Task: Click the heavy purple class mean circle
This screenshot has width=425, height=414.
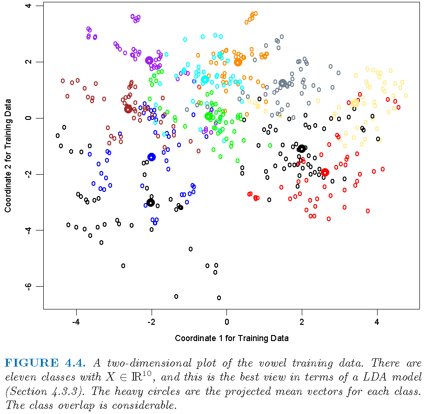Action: coord(149,60)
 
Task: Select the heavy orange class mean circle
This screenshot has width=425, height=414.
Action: coord(238,62)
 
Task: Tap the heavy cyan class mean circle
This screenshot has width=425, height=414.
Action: coord(205,79)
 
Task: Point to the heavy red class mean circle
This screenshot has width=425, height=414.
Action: coord(325,172)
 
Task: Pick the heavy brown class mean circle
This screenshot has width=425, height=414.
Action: coord(128,109)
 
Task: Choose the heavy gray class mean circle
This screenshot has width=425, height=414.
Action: coord(283,84)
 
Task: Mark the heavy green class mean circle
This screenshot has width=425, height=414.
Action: coord(209,116)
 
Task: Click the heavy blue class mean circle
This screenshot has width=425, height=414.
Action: coord(151,157)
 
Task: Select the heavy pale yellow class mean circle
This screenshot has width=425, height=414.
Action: coord(355,103)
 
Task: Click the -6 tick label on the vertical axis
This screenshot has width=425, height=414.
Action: coord(29,286)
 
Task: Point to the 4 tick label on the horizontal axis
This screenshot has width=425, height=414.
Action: coord(377,322)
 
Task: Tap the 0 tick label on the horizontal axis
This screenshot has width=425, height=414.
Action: coord(226,322)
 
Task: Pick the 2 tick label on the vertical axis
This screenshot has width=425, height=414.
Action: coord(29,62)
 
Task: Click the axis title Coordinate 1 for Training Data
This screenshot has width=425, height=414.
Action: coord(232,338)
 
